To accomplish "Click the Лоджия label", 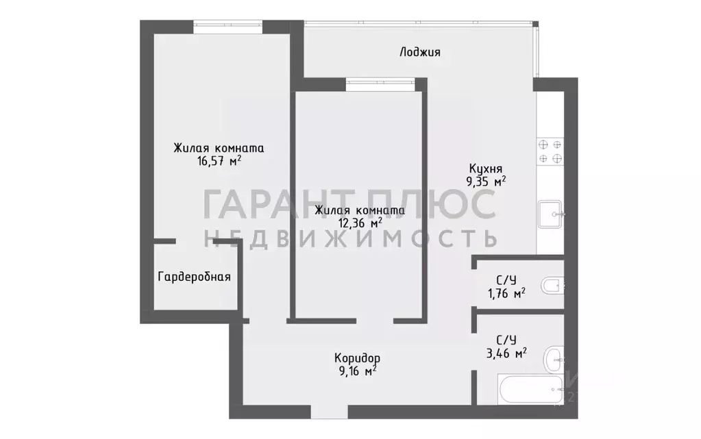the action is coord(420,52).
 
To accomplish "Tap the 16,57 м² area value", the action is coord(219,161).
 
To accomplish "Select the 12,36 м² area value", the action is coord(360,223).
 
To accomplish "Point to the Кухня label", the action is coord(486,168).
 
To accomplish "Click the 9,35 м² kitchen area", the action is coord(486,181).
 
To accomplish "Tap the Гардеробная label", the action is coord(195,277).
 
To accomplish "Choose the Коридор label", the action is coord(357,358).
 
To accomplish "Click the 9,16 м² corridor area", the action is coord(357,371).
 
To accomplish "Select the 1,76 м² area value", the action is coord(506,294).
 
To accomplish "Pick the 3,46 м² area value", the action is coord(506,353).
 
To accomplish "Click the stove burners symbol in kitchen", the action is coord(550,151).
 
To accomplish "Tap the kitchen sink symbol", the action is coord(550,214).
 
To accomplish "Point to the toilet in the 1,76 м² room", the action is coord(552,286).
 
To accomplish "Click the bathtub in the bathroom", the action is coord(531,390).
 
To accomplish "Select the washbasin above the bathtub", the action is coord(554,359).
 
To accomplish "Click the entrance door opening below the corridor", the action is coord(329,412).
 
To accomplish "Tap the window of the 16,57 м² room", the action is coord(228,27).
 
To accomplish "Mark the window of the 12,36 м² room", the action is coord(380,84).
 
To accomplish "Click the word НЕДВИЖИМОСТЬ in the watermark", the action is coord(350,238).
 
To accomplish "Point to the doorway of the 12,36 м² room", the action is coord(375,321).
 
